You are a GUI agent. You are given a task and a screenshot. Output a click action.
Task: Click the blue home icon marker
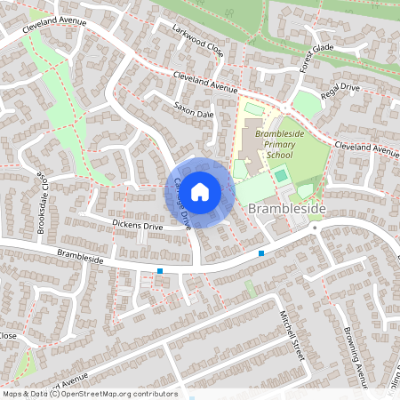coord(200,191)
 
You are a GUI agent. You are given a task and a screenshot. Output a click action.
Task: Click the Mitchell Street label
coord(292,335)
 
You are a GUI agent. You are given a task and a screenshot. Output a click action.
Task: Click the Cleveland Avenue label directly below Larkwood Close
coord(205,83)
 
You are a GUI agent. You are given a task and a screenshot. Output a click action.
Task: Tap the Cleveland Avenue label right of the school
coord(367,148)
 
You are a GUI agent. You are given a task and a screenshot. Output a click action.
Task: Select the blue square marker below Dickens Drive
coord(160,270)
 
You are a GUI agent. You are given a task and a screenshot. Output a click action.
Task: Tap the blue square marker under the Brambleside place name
coord(261,254)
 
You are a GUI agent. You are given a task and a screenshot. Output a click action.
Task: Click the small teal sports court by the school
coord(281,175)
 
